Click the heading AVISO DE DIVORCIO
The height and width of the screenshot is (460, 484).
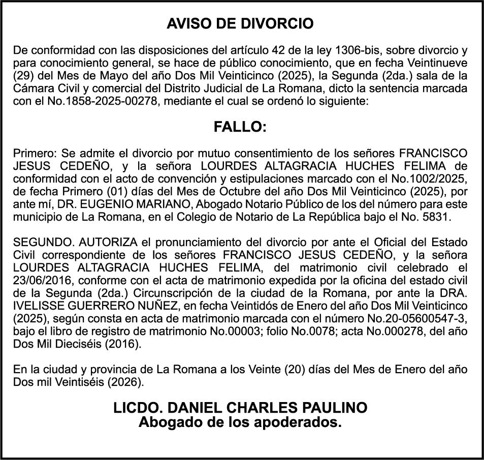point(240,24)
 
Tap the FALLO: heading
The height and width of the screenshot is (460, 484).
point(240,127)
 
